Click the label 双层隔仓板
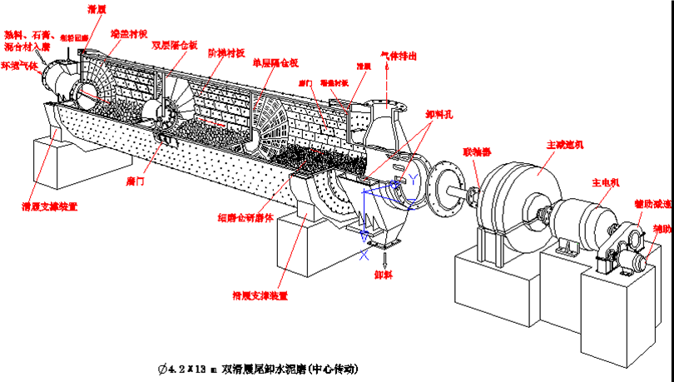[x=174, y=45]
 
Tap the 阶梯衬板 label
[x=226, y=52]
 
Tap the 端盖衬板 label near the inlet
[x=128, y=35]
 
